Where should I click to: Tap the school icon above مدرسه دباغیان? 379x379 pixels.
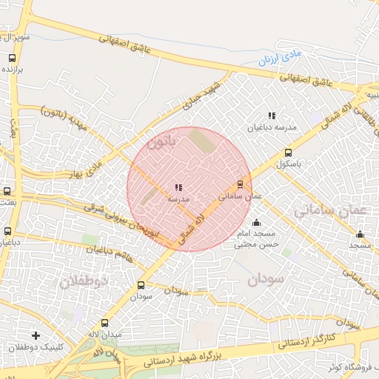[272, 115]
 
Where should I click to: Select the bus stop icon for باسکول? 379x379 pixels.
[288, 153]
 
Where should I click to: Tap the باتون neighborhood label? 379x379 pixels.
[164, 141]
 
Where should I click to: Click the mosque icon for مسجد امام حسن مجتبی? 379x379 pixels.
[256, 222]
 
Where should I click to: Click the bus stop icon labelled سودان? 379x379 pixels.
[141, 284]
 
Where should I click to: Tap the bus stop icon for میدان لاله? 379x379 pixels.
[104, 323]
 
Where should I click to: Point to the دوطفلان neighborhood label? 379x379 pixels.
[83, 281]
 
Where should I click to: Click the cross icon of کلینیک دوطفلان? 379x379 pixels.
[36, 335]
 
